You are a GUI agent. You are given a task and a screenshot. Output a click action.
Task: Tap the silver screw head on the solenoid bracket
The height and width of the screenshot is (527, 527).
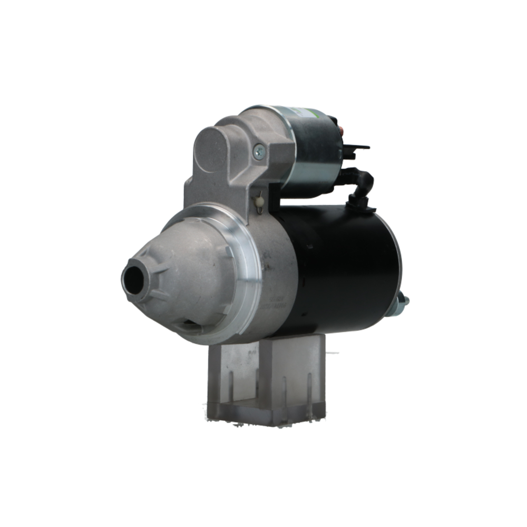click(x=259, y=153)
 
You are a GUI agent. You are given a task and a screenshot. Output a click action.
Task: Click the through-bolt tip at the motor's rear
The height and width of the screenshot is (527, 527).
click(x=404, y=301)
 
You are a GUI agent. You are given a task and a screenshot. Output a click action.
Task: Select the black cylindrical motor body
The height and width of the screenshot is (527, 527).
click(x=343, y=263)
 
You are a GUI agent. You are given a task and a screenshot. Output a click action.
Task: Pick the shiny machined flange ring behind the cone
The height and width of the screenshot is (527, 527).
click(x=248, y=263)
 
